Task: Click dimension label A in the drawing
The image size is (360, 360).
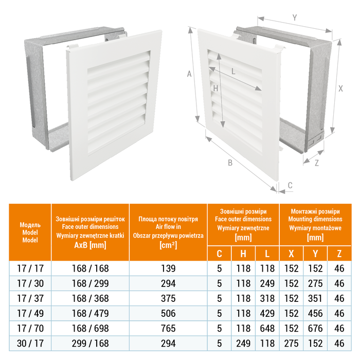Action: [189, 74]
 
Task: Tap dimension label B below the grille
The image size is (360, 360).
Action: [231, 163]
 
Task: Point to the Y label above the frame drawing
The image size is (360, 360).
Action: [294, 17]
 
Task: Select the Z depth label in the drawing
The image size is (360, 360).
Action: [317, 163]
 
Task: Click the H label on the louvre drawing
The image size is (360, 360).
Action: [216, 88]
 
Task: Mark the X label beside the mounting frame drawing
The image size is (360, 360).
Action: [340, 88]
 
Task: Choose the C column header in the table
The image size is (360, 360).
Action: [220, 253]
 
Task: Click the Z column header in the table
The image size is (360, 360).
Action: [339, 253]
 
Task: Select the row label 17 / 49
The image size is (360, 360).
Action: [30, 312]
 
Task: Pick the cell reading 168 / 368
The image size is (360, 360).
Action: [90, 298]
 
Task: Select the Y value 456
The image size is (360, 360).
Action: [315, 312]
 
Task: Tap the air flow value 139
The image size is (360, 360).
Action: [168, 268]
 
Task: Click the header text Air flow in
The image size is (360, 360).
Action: [168, 226]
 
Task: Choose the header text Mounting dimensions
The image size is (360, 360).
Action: [315, 219]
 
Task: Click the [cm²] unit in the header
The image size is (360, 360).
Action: [168, 245]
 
